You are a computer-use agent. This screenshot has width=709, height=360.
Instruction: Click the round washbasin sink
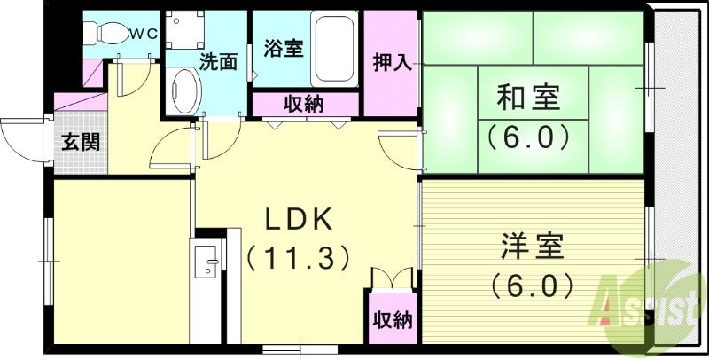pyautogui.click(x=183, y=91)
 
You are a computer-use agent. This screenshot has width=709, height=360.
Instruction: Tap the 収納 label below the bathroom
pyautogui.click(x=303, y=104)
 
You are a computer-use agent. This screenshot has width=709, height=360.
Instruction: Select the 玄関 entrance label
pyautogui.click(x=80, y=142)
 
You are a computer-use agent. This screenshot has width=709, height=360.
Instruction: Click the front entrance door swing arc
pyautogui.click(x=22, y=142)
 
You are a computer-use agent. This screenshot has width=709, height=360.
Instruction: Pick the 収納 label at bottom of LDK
pyautogui.click(x=391, y=319)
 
